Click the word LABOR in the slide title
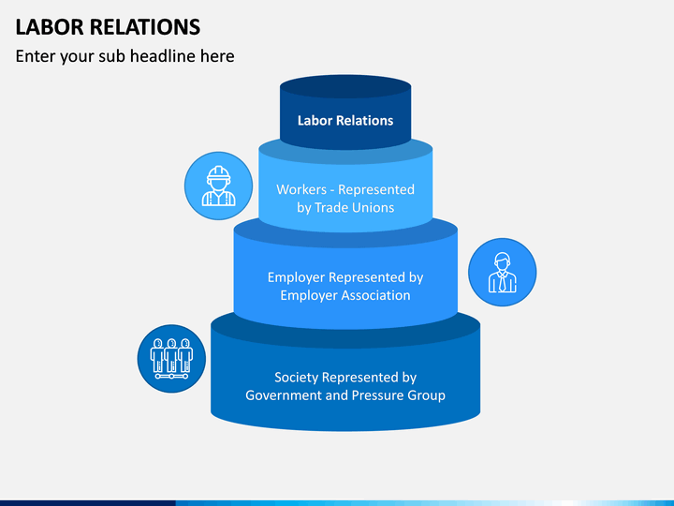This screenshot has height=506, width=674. tap(50, 26)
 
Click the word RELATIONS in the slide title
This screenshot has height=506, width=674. tap(145, 26)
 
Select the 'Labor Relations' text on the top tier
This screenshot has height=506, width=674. tap(345, 121)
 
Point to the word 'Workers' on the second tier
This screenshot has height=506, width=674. tap(301, 189)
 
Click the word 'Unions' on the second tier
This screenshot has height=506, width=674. tap(373, 207)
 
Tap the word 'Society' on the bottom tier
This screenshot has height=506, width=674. tap(297, 378)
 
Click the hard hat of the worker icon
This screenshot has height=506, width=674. tap(219, 173)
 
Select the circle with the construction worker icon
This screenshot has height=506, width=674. tap(218, 186)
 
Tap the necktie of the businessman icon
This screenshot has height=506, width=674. tap(502, 282)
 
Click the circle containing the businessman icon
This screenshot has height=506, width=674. tap(502, 273)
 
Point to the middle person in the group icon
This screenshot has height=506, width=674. tap(171, 355)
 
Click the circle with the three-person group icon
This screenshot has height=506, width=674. tap(171, 358)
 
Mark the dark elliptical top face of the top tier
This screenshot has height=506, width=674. tap(345, 86)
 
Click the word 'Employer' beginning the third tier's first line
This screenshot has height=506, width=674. tap(296, 277)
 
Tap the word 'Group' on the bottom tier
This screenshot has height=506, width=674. tap(427, 395)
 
